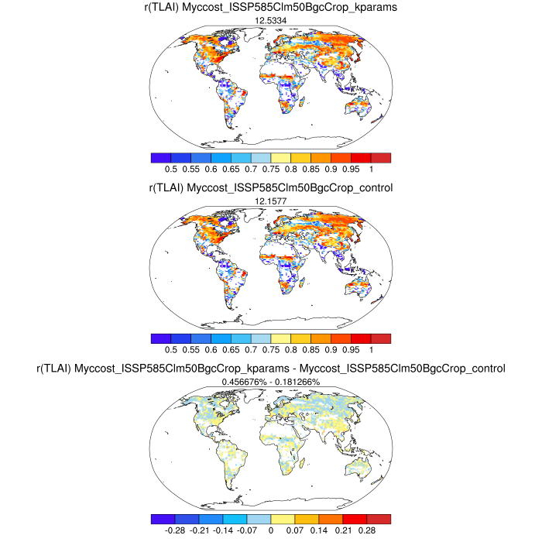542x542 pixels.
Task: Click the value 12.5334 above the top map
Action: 271,19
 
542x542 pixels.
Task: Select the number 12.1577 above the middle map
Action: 271,201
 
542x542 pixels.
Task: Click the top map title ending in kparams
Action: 271,7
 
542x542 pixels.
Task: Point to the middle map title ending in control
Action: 271,188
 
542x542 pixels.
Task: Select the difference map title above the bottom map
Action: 271,369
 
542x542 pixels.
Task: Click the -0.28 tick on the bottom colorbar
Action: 175,531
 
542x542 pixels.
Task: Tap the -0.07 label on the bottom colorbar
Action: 247,531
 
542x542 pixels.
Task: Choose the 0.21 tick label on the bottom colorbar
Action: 342,531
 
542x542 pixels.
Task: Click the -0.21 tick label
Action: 199,531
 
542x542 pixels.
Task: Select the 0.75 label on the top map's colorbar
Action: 271,169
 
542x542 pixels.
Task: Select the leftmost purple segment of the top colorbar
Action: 161,157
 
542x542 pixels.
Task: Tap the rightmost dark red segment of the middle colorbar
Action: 381,338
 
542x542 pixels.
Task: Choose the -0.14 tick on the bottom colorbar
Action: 223,531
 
